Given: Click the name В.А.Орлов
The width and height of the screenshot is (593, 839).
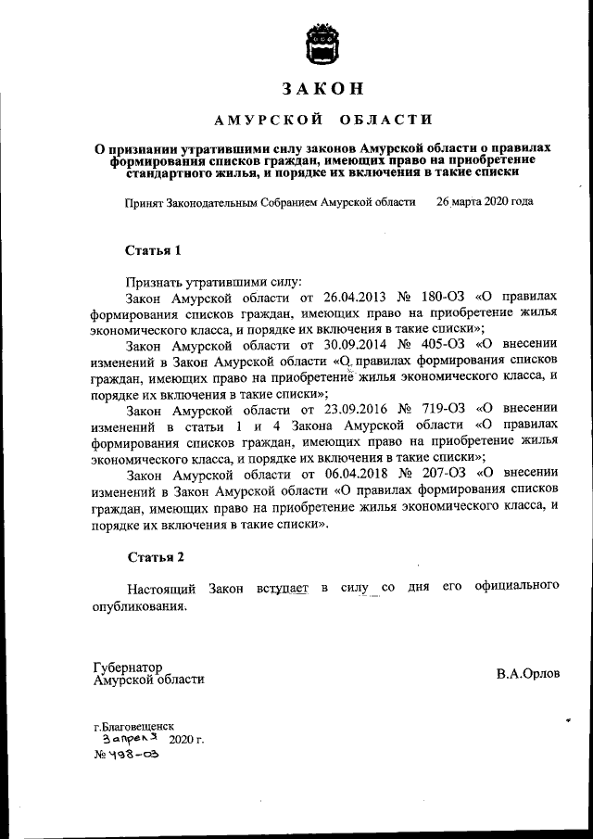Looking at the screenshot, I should [x=528, y=674].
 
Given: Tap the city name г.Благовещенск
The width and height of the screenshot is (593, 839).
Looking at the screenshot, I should [x=133, y=727].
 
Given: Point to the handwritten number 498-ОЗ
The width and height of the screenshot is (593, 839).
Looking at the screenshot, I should [x=127, y=756].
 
